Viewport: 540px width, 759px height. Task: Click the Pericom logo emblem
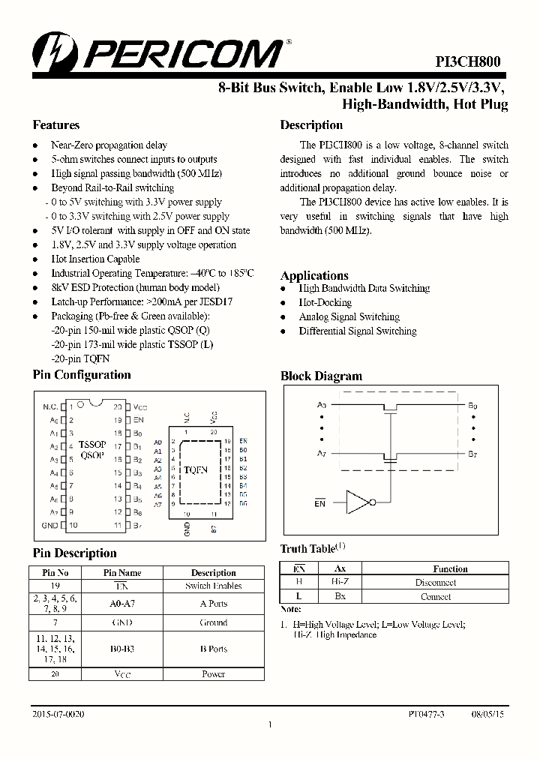52,51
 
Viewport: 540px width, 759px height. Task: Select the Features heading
55,125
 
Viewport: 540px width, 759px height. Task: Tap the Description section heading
311,125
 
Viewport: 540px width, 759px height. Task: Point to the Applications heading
314,275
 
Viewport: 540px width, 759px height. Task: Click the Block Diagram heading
321,376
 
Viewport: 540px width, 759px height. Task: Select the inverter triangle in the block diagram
358,502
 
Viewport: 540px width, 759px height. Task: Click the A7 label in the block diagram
322,454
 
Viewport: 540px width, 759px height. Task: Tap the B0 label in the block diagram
472,406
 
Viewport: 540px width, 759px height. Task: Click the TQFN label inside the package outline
196,470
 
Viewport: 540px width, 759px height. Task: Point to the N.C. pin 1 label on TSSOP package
50,406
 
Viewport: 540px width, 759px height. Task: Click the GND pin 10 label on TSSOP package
49,526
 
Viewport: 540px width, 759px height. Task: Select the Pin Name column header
121,572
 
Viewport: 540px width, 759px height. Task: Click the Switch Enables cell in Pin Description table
213,586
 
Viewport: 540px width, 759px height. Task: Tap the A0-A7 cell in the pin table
121,603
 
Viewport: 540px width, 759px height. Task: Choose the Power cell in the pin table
213,673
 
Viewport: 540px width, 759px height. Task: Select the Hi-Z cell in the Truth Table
340,582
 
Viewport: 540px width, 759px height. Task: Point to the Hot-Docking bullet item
325,302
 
